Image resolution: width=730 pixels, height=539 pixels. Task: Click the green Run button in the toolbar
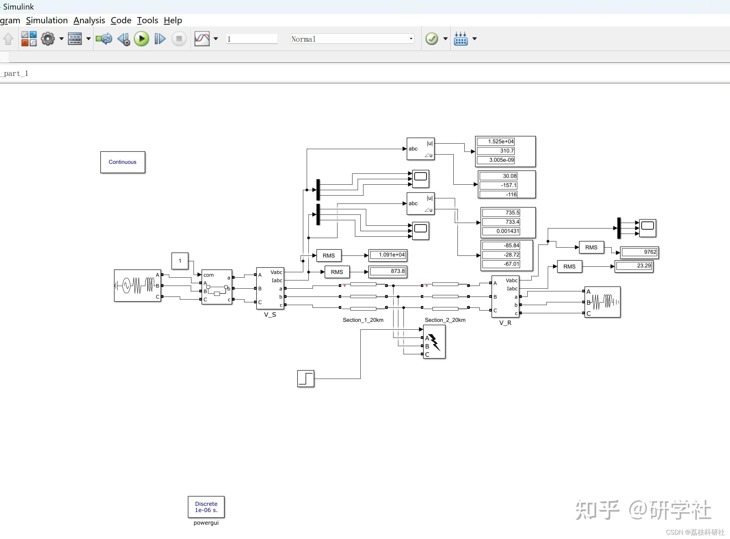142,39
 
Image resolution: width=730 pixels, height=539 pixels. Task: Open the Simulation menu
47,21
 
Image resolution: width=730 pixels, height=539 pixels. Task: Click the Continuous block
122,162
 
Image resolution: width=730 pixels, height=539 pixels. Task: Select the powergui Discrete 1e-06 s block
206,507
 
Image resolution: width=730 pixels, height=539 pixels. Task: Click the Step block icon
306,379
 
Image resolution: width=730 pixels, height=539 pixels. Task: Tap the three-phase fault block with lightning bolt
434,342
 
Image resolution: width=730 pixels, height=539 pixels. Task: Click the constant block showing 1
180,261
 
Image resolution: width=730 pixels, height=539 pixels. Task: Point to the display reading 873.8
388,272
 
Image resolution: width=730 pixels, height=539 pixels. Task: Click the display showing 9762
639,252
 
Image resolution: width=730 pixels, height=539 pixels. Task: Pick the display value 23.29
634,266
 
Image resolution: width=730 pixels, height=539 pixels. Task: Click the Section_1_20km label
363,320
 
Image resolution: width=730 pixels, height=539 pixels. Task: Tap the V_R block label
505,323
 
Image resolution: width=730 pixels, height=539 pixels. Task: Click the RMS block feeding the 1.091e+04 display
329,255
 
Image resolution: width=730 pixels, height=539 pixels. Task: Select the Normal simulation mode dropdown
352,39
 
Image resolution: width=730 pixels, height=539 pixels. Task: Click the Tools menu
147,21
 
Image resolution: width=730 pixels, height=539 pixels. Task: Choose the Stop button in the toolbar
179,39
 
